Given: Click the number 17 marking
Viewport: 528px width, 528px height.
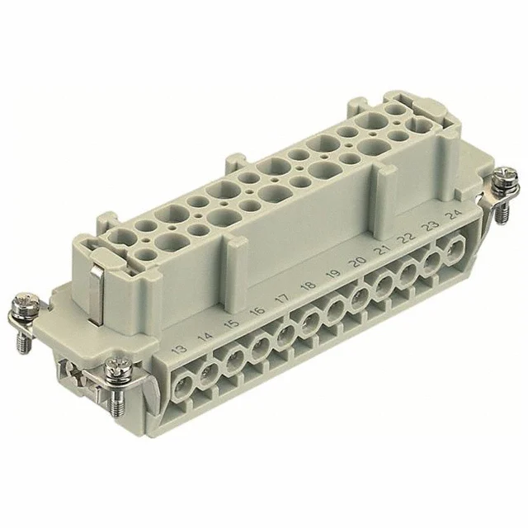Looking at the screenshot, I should (283, 299).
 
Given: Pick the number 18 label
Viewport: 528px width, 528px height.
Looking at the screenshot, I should (309, 287).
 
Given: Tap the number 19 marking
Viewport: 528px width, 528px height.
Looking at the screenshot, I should (332, 274).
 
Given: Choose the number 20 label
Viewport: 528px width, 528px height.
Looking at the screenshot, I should (356, 262).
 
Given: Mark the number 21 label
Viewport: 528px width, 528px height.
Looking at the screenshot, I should (380, 249).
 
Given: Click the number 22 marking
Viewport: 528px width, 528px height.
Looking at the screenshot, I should (405, 237).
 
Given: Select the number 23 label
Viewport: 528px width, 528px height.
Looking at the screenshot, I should (429, 225).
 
